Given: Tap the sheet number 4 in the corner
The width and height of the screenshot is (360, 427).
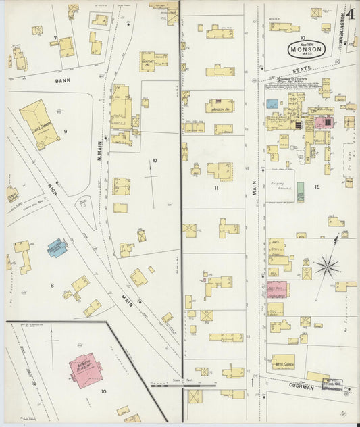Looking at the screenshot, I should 351,15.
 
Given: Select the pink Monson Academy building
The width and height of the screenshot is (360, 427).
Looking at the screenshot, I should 85,369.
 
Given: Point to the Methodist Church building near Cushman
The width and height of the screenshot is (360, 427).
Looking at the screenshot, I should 284,361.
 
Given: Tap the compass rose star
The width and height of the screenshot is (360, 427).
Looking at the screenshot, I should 327,266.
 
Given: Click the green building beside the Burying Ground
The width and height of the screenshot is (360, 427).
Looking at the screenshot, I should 300,191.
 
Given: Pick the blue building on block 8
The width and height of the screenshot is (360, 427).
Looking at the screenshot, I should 57,247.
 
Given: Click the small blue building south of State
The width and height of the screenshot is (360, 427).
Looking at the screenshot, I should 272,104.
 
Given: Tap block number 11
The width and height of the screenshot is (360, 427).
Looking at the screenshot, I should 216,188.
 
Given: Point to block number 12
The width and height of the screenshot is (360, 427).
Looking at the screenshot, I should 316,186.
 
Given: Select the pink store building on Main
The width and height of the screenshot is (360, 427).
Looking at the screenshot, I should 277,289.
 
